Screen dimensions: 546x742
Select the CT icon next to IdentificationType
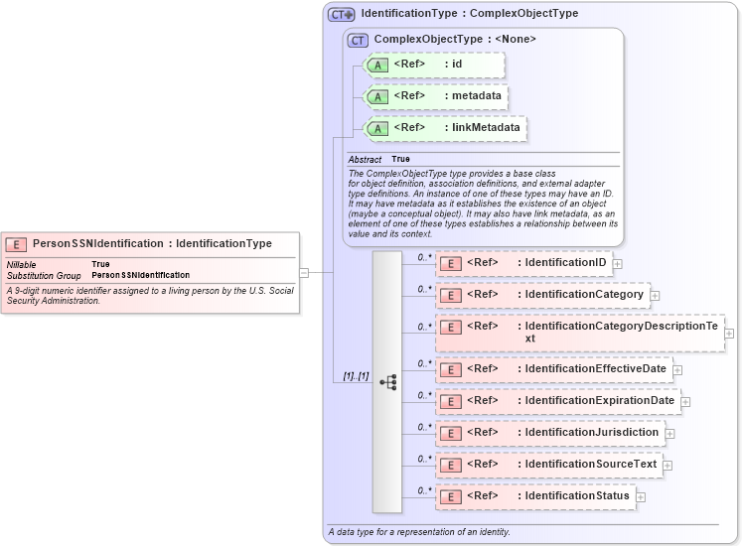341,15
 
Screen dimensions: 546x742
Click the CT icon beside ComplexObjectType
358,40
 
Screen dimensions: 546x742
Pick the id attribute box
435,66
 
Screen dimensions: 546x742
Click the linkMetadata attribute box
445,129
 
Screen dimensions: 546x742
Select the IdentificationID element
523,263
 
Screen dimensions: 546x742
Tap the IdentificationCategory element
542,295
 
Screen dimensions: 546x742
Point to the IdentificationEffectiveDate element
553,369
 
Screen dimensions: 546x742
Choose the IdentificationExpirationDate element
557,401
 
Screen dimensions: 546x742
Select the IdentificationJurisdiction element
549,433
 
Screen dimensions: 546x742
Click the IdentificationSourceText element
548,465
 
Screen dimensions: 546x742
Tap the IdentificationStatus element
534,496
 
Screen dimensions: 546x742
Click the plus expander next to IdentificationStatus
641,497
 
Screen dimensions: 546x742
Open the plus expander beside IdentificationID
618,264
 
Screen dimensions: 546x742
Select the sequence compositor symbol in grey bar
387,382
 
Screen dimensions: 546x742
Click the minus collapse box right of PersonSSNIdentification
304,272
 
